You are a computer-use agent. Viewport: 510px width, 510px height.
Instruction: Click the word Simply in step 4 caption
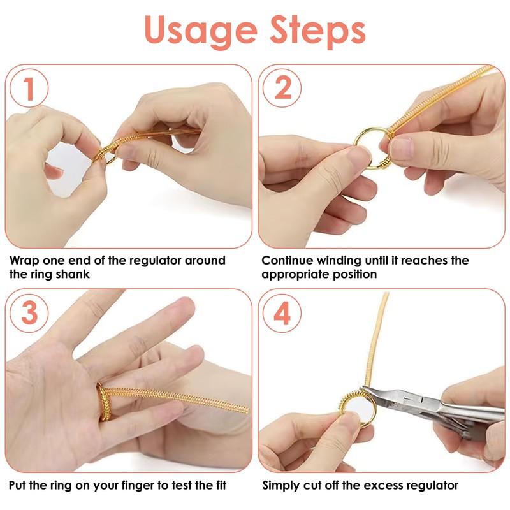tap(283, 486)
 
